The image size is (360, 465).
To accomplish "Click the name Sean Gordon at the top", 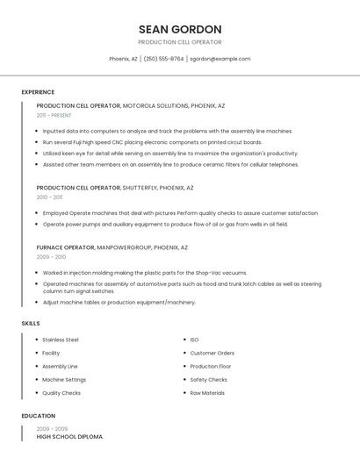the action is pos(180,29).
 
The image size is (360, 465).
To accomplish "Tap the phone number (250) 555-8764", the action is pos(163,59).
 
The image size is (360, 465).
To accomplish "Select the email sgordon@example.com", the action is pos(220,59).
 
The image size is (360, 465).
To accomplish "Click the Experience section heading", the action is pos(38,92).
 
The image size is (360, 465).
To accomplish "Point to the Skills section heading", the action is pos(31,324).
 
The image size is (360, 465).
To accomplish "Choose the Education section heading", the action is pos(39,416).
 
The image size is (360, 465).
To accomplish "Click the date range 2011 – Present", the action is pos(54,115).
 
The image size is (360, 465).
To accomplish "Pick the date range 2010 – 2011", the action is pos(50,197).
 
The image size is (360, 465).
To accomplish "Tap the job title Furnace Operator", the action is pos(65,247).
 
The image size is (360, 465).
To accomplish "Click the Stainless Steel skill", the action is pos(61,340).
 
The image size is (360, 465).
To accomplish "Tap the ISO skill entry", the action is pos(194,340).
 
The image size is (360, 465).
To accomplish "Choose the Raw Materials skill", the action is pos(207,393).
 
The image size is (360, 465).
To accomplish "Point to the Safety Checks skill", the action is pos(208,380).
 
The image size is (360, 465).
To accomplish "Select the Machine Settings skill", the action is pos(64,380).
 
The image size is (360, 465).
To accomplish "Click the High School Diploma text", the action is pos(69,436).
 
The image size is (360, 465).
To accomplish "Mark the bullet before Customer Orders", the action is pos(184,353).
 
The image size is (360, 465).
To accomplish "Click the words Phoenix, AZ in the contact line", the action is pos(123,59).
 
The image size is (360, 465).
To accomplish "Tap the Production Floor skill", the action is pos(211,367).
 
